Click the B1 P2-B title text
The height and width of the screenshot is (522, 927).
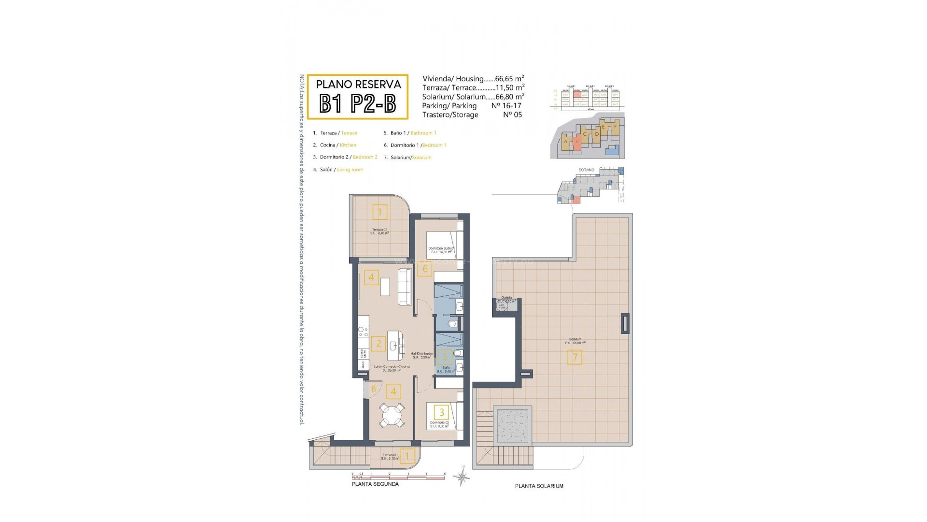pos(358,103)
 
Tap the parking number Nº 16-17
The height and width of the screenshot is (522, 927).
pos(506,106)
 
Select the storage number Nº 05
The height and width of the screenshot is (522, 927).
pos(512,115)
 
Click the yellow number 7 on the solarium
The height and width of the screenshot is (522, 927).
pos(575,358)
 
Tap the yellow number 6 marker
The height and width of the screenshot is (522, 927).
pos(425,269)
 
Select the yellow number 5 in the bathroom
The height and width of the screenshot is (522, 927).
pos(445,358)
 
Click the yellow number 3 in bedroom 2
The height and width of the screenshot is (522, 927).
pos(441,412)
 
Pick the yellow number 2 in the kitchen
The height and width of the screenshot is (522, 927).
pos(379,344)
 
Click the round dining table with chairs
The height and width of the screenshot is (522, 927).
pos(392,416)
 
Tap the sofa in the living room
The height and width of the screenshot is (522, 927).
pos(405,287)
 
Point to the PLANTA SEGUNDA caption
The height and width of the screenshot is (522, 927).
pos(375,484)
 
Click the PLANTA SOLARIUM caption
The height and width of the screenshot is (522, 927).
pos(539,486)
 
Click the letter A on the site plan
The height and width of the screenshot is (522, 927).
pos(565,142)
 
